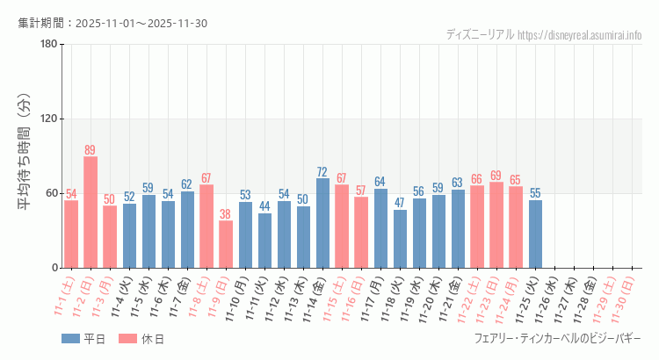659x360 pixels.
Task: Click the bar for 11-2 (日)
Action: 91,212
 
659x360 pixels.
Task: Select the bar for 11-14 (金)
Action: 322,223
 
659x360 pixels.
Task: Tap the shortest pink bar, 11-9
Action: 226,244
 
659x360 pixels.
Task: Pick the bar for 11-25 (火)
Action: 535,234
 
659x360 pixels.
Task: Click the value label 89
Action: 91,150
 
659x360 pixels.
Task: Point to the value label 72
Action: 322,172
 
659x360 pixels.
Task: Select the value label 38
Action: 226,214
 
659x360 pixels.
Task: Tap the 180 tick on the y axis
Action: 48,45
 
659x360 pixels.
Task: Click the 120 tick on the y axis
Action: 48,119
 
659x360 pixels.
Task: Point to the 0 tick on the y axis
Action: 54,268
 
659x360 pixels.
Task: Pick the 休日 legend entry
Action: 141,339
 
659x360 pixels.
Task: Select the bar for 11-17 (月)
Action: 380,228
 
